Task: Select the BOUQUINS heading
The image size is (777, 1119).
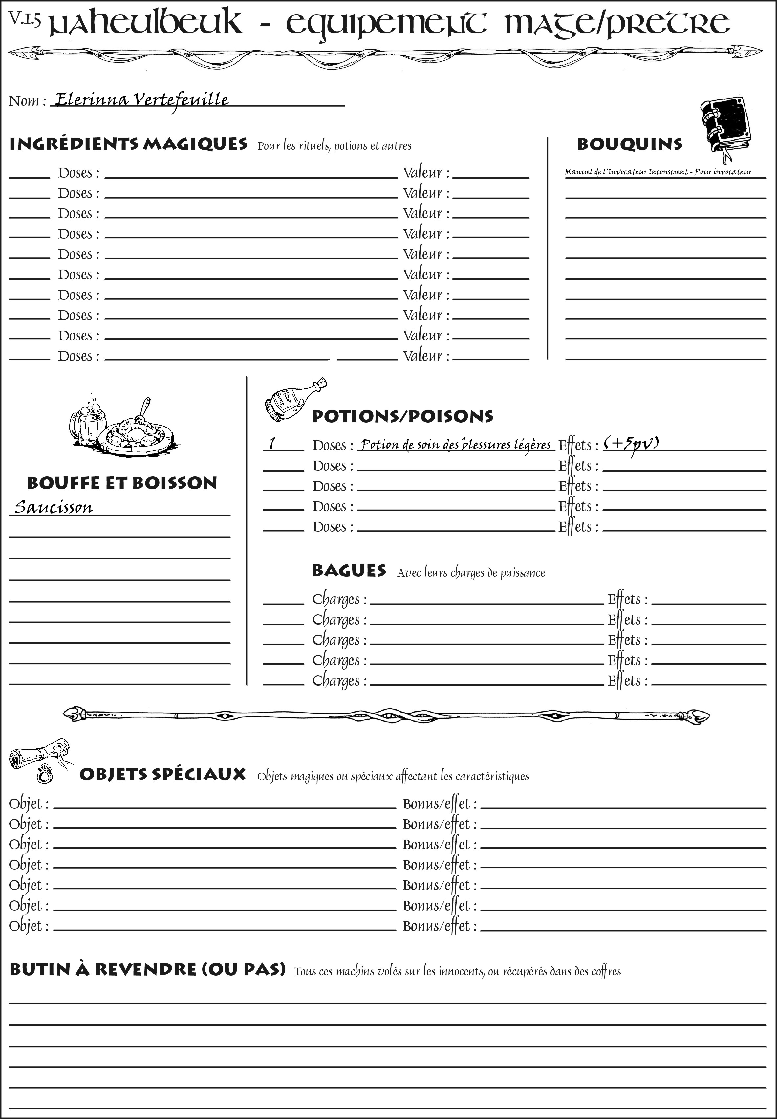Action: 630,144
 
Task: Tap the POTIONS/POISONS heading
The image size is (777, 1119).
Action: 402,416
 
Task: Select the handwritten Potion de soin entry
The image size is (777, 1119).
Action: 456,445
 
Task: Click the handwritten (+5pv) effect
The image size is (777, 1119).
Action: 632,444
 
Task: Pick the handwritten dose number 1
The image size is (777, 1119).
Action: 272,443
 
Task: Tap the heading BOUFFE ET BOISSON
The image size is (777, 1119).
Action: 122,483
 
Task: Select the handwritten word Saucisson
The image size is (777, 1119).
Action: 54,507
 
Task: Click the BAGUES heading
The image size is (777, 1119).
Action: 349,570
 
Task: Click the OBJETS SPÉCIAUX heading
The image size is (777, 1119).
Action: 162,774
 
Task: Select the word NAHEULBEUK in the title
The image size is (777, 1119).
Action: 146,23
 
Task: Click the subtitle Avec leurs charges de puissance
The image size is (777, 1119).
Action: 471,573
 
